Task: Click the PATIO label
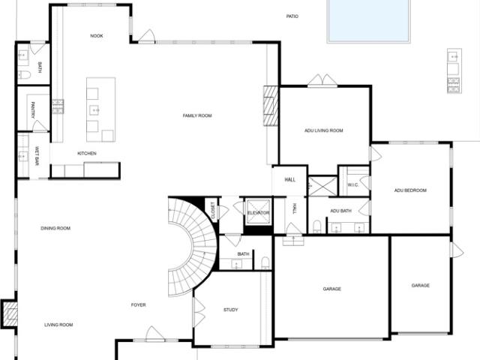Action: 292,16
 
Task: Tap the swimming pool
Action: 368,20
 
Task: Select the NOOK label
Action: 97,36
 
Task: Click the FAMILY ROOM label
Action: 197,115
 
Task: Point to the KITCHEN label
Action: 87,153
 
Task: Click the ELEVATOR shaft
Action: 258,212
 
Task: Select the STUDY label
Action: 230,310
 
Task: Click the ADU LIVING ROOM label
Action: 323,130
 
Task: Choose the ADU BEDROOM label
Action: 410,190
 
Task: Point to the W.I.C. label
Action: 352,185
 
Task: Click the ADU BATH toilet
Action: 316,226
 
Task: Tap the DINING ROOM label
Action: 55,228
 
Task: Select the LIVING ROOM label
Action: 58,325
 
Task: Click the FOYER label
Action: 138,305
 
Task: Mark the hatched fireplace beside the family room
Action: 271,106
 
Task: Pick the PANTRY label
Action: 33,110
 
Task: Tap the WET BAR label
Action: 37,156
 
